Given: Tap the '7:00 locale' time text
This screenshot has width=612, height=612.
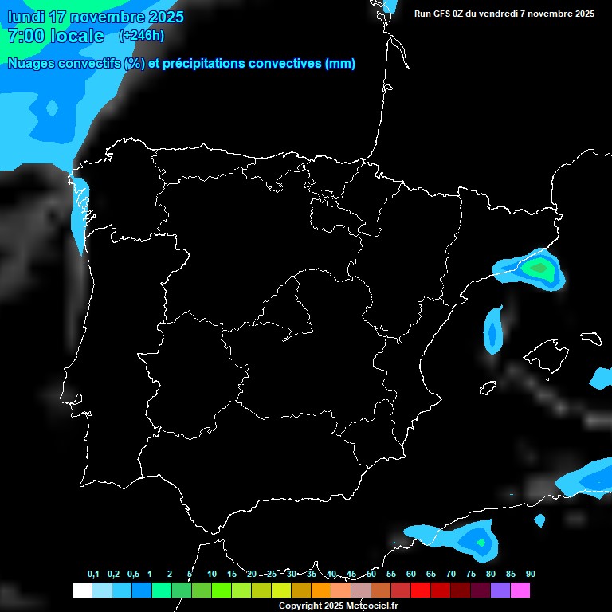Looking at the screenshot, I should (56, 36).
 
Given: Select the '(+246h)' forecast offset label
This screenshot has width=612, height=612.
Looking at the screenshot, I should (142, 36).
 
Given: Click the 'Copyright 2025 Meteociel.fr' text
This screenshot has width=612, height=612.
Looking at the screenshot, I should (338, 606).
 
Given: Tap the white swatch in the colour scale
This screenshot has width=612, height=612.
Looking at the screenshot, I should (81, 590).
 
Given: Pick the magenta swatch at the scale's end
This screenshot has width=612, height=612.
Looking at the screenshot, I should (520, 590).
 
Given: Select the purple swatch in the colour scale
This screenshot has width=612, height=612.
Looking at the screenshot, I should (500, 590).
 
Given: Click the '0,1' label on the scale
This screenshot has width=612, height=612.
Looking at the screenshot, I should (93, 575).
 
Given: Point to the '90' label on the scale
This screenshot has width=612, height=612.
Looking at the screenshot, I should (531, 575).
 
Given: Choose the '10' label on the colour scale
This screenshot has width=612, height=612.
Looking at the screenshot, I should (211, 575).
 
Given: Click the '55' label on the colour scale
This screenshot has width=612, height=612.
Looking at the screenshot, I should (390, 575).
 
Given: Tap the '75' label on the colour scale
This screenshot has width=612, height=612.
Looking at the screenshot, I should (470, 575).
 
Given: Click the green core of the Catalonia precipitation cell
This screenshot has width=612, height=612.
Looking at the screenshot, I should (540, 268).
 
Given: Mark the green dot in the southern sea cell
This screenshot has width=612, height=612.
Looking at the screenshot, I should (481, 543).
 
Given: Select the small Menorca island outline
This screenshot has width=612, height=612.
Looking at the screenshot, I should (590, 337).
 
